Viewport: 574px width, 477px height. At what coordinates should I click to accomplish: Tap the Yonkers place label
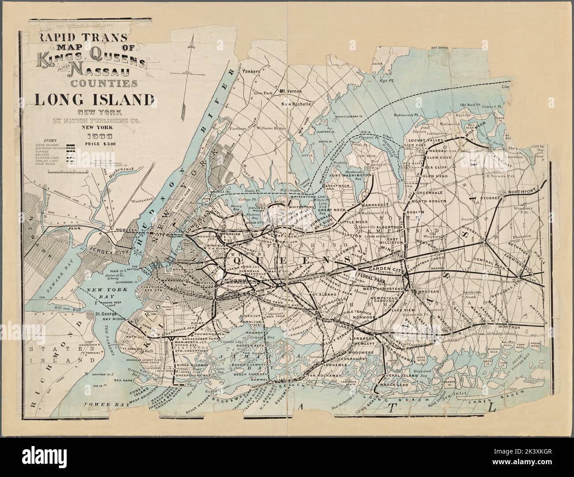click(248, 70)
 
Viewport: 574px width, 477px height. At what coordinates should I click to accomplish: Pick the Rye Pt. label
click(390, 82)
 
